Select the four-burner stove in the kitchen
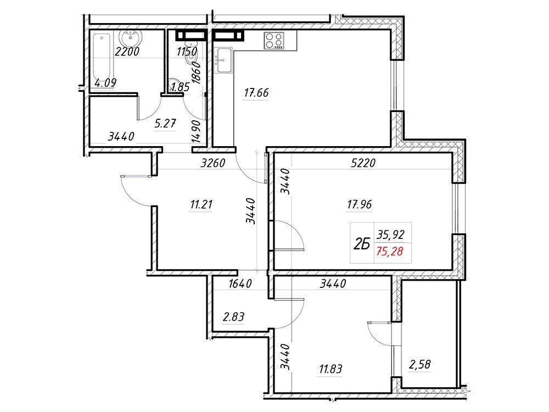click(x=274, y=40)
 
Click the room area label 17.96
click(x=360, y=205)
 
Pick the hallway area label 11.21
click(x=201, y=205)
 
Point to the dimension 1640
click(x=239, y=284)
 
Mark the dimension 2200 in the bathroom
click(x=127, y=52)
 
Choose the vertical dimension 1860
click(x=200, y=71)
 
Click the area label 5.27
click(x=164, y=124)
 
